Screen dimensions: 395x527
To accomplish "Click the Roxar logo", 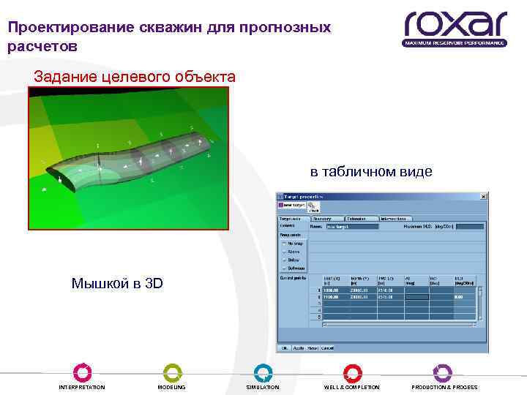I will [x=455, y=29].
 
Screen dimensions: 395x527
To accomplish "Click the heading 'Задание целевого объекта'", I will [x=135, y=77].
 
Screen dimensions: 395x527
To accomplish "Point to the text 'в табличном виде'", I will [x=371, y=172].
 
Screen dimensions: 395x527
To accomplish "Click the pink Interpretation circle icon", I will [x=83, y=372].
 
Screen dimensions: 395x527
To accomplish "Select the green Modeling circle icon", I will [x=172, y=372].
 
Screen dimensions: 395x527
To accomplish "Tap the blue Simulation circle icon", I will [x=263, y=372].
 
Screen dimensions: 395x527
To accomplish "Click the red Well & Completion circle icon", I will [x=352, y=372].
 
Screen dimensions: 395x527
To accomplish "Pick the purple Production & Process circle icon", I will [x=443, y=372].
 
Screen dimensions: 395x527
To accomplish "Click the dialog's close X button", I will [x=482, y=196].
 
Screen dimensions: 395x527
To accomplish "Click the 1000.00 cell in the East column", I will [x=333, y=290].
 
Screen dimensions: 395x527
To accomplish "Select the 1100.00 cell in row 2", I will [x=333, y=297].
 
